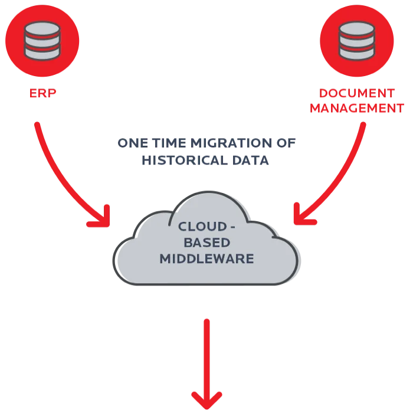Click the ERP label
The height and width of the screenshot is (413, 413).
pyautogui.click(x=43, y=93)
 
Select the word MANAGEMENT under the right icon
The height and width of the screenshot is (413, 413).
pyautogui.click(x=356, y=109)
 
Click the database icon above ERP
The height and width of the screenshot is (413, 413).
pyautogui.click(x=42, y=40)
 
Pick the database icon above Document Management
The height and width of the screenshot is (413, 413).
pyautogui.click(x=357, y=40)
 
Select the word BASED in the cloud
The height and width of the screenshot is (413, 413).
pyautogui.click(x=206, y=242)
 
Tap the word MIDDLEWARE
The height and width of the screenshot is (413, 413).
pyautogui.click(x=206, y=258)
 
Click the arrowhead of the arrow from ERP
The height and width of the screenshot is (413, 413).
pyautogui.click(x=101, y=219)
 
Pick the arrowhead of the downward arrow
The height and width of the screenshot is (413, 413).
pyautogui.click(x=206, y=399)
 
